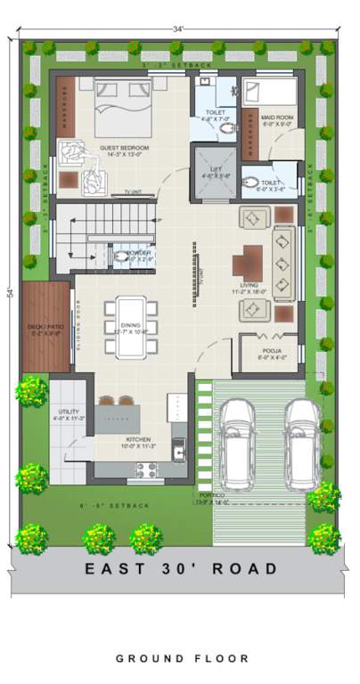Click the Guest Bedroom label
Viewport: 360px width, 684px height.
pyautogui.click(x=124, y=149)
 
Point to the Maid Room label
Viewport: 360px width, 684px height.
pyautogui.click(x=277, y=118)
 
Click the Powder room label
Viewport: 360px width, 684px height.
pyautogui.click(x=139, y=254)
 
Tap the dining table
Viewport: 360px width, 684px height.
pyautogui.click(x=130, y=325)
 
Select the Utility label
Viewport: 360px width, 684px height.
pyautogui.click(x=68, y=412)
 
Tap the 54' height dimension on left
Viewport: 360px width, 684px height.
pyautogui.click(x=10, y=294)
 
